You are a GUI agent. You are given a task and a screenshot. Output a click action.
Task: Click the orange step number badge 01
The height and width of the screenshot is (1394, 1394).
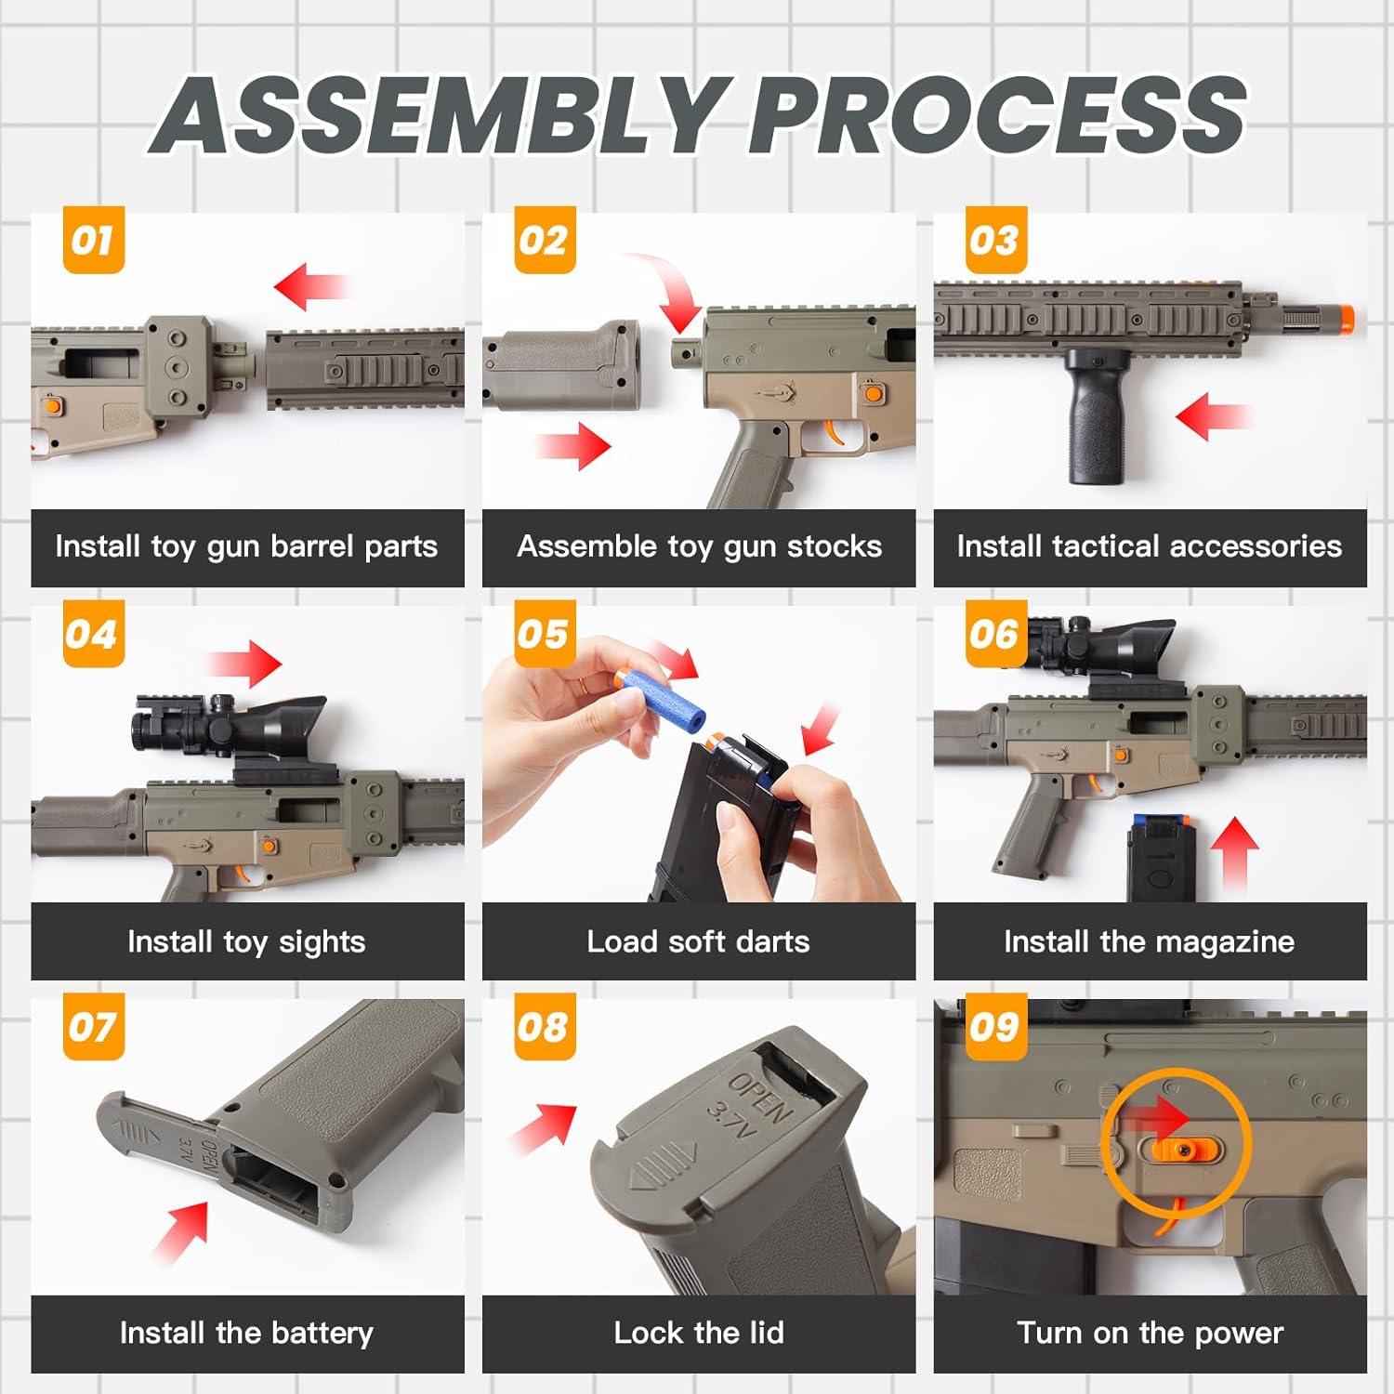point(93,240)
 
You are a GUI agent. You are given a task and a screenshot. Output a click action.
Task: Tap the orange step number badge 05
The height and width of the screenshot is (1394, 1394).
point(545,634)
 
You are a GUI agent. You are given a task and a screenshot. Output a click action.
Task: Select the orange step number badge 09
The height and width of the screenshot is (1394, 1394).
point(995,1027)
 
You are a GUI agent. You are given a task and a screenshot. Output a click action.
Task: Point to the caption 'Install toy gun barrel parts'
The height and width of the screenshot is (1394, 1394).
point(246,546)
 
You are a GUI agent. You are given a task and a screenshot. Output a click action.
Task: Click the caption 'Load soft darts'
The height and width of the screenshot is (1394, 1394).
point(698,941)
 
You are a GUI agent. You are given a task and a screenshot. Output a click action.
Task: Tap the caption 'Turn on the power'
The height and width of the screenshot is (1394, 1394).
point(1150,1333)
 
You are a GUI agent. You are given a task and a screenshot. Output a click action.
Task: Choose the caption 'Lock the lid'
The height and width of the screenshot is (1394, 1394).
point(699,1333)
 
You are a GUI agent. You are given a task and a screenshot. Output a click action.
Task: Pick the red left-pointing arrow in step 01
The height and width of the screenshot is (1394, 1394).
point(312,286)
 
